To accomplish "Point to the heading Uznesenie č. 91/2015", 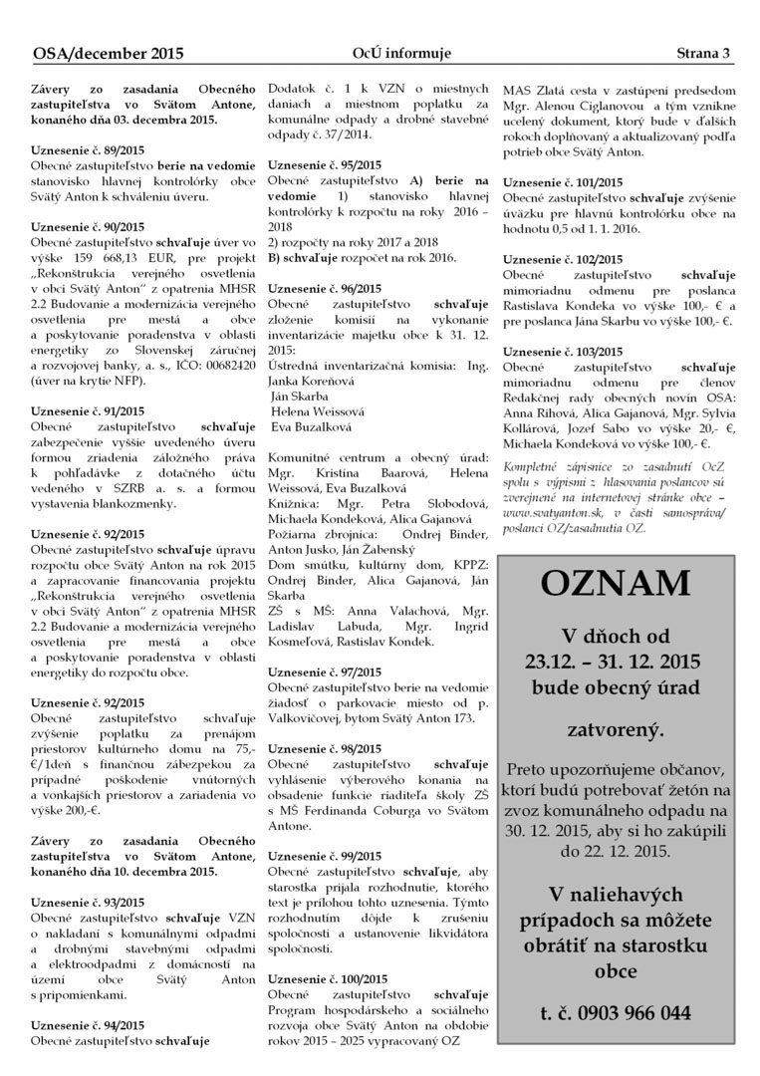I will point(88,410).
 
